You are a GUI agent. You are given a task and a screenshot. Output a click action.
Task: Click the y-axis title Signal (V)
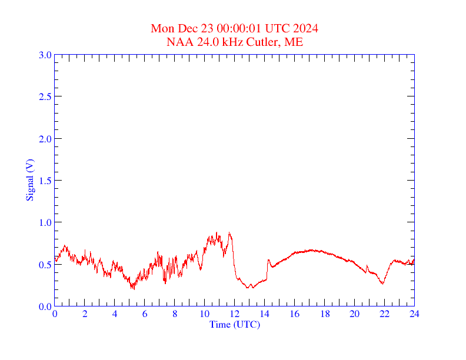(29, 179)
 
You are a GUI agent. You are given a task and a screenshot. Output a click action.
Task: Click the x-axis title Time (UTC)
(234, 324)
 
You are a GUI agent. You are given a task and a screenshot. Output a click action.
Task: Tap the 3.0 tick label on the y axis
(45, 55)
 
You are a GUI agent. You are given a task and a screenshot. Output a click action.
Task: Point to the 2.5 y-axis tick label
(45, 96)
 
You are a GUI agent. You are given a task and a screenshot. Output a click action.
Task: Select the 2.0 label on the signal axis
(45, 139)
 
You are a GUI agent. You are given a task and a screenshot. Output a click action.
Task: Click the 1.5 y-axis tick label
(45, 181)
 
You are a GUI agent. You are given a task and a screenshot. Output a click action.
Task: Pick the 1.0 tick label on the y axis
(45, 222)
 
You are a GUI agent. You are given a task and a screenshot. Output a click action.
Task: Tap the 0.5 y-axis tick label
(45, 265)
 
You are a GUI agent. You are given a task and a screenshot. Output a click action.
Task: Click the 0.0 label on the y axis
(45, 306)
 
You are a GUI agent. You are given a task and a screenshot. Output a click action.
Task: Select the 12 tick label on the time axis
(235, 314)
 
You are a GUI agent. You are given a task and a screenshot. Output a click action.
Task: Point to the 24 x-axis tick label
(414, 314)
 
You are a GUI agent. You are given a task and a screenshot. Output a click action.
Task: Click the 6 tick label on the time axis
(145, 314)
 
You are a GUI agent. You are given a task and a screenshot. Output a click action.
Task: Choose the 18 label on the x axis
(324, 314)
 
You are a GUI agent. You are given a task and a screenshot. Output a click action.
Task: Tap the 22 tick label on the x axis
(384, 314)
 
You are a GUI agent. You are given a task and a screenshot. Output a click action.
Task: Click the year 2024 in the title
(307, 28)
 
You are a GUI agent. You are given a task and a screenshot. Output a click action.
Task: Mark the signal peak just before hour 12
(229, 232)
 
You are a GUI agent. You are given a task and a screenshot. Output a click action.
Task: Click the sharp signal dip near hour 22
(382, 284)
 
